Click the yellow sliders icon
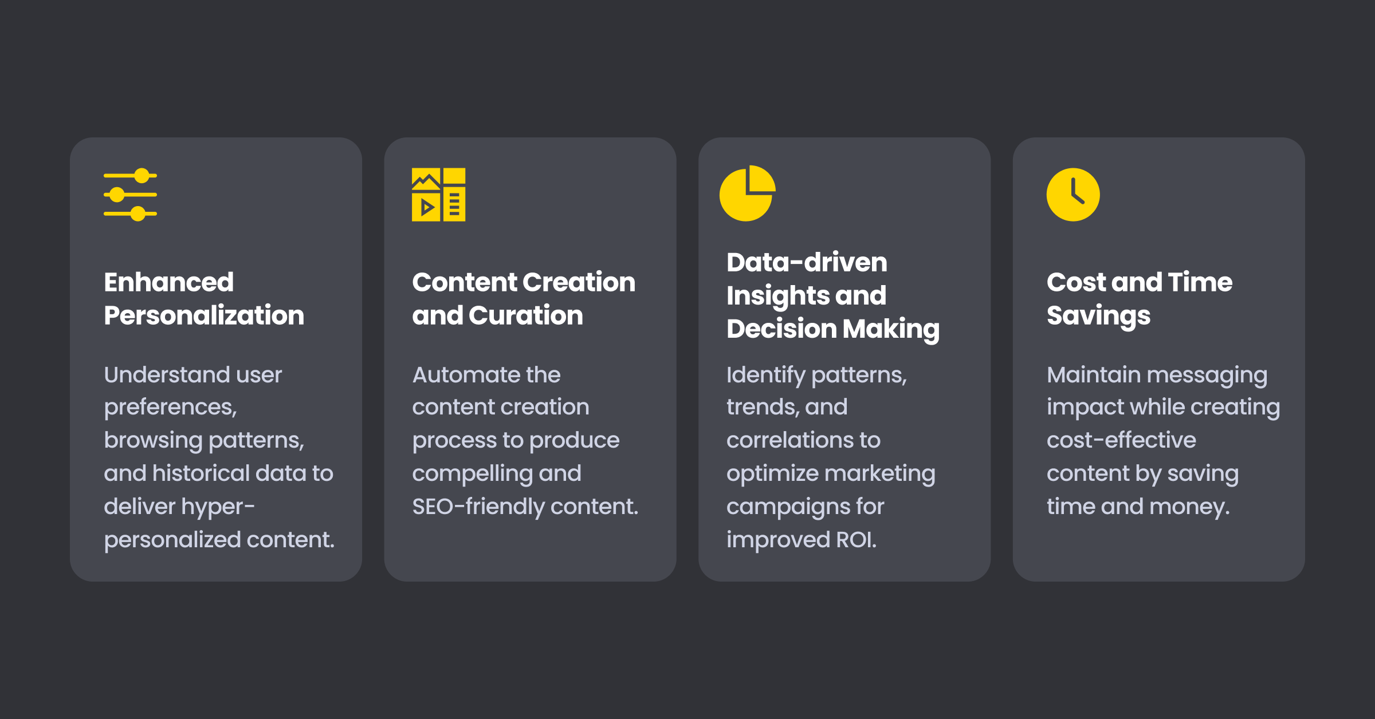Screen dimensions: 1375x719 (130, 195)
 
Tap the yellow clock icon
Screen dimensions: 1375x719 (1073, 195)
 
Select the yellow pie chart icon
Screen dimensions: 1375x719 (748, 193)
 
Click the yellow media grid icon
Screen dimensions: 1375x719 (439, 195)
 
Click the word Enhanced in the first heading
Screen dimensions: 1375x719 (169, 282)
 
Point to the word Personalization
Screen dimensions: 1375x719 (204, 315)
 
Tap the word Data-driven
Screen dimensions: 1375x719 (807, 263)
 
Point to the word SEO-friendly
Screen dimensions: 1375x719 (478, 507)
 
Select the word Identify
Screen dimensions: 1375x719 (766, 376)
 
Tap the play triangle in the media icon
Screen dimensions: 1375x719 (427, 207)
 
